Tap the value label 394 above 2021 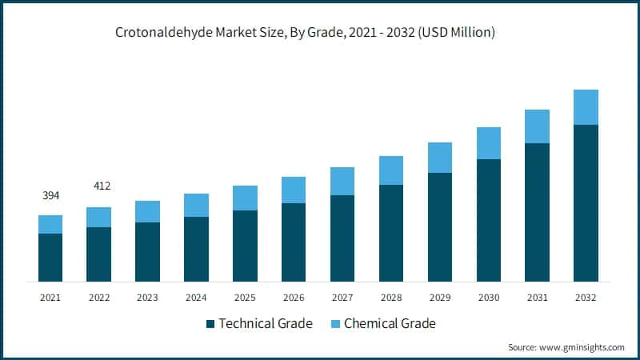pyautogui.click(x=50, y=195)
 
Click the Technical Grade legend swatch pyautogui.click(x=210, y=324)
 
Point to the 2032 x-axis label pyautogui.click(x=586, y=298)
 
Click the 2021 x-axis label pyautogui.click(x=50, y=298)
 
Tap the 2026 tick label pyautogui.click(x=294, y=298)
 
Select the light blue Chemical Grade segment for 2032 pyautogui.click(x=586, y=107)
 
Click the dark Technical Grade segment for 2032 pyautogui.click(x=586, y=203)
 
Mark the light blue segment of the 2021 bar pyautogui.click(x=50, y=224)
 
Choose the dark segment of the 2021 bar pyautogui.click(x=50, y=258)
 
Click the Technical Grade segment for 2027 pyautogui.click(x=342, y=238)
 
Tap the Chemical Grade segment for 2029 pyautogui.click(x=440, y=158)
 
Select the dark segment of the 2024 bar pyautogui.click(x=196, y=249)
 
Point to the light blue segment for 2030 pyautogui.click(x=489, y=143)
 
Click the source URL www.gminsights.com pyautogui.click(x=581, y=347)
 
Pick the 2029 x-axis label pyautogui.click(x=440, y=298)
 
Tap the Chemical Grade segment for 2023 pyautogui.click(x=147, y=211)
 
